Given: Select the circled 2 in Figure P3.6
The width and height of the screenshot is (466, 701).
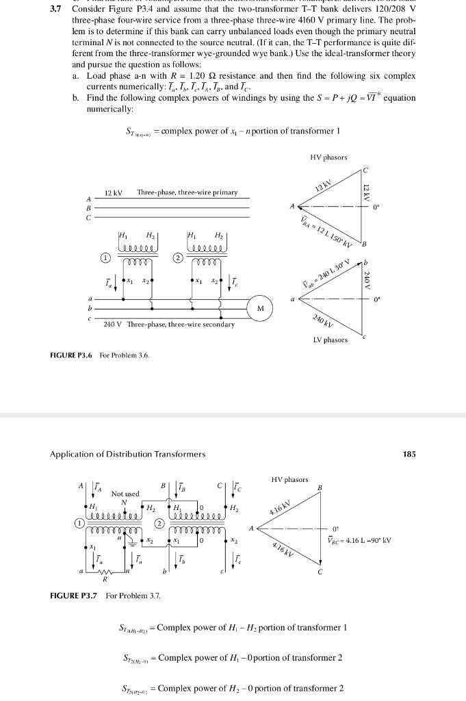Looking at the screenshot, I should (177, 258).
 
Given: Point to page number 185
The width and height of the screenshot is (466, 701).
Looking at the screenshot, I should (409, 453).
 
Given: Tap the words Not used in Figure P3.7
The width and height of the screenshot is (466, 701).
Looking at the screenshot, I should (125, 494).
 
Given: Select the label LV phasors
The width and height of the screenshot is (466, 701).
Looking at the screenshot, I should (330, 340).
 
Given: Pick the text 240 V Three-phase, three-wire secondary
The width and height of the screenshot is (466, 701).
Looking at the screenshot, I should (168, 324).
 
